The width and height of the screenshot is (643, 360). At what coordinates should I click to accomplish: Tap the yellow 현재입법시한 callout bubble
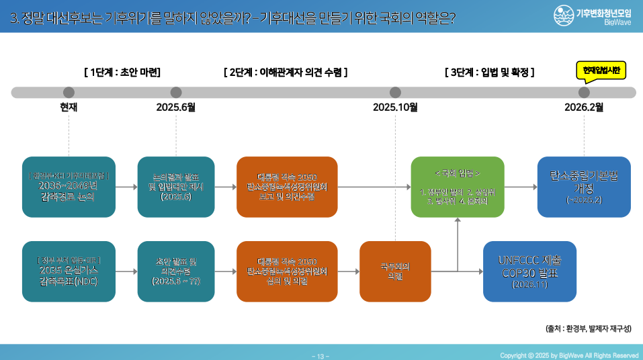[x=601, y=70]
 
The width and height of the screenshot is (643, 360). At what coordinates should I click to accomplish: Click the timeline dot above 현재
[x=69, y=93]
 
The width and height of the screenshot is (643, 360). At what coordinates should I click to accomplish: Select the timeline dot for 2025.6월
[x=176, y=93]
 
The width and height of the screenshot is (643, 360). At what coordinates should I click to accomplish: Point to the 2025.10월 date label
[x=395, y=107]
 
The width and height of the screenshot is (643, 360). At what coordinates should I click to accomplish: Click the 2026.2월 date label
[x=584, y=107]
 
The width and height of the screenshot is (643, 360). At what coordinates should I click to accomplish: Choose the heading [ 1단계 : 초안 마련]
[x=122, y=72]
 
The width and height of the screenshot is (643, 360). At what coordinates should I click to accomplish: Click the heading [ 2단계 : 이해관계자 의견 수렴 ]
[x=286, y=72]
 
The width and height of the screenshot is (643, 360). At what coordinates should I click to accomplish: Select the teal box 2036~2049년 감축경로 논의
[x=69, y=187]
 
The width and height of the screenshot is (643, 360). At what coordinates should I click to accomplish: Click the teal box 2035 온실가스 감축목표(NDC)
[x=69, y=271]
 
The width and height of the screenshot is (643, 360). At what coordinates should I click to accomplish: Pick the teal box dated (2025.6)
[x=176, y=187]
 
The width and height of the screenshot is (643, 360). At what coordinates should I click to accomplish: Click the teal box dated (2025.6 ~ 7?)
[x=176, y=271]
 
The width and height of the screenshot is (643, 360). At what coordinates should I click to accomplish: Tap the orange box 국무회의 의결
[x=395, y=271]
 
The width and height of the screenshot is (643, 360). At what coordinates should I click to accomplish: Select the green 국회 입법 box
[x=458, y=187]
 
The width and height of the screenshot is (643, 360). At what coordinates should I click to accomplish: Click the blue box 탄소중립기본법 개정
[x=584, y=187]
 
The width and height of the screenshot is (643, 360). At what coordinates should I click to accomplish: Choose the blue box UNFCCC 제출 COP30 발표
[x=529, y=271]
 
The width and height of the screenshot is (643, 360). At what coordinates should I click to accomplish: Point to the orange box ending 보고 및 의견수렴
[x=287, y=187]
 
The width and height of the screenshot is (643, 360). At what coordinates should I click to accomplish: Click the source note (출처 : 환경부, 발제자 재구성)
[x=588, y=328]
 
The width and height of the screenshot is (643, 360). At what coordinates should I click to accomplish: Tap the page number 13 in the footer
[x=321, y=355]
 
